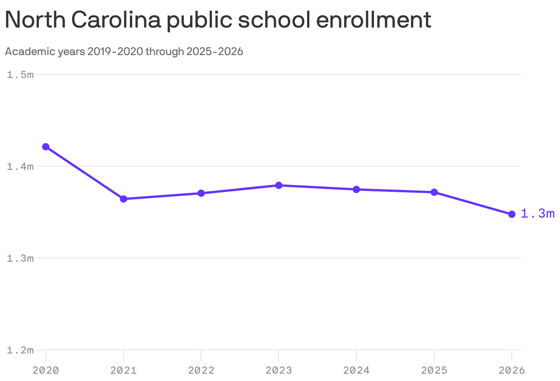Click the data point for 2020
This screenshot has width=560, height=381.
[46, 147]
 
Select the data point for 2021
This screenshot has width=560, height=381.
[123, 199]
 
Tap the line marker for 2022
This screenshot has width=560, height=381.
[201, 193]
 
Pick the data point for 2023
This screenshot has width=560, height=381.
[279, 185]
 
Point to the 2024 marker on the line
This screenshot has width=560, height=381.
[356, 190]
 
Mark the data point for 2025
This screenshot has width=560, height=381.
[434, 192]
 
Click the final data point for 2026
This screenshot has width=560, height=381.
[512, 214]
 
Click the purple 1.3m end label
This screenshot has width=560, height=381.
[538, 214]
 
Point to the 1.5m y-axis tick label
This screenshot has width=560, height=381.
[20, 75]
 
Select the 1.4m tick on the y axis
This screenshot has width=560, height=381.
[20, 167]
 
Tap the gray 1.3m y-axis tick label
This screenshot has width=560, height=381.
[20, 258]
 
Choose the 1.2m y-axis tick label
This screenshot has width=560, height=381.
[20, 350]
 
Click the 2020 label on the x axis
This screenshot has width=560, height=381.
[46, 370]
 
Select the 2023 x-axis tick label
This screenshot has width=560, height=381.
[279, 370]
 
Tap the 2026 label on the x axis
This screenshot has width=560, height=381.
[512, 370]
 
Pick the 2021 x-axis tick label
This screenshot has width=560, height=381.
[123, 370]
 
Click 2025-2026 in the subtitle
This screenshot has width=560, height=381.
[214, 52]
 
